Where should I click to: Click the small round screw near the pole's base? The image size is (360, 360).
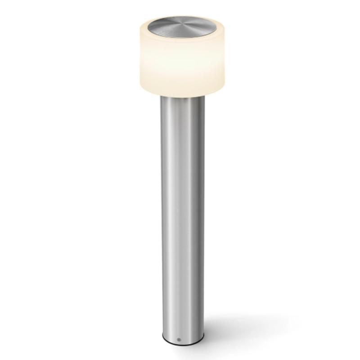click(179, 337)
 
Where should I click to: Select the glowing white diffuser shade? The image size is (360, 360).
click(180, 63)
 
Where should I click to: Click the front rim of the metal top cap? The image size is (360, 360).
click(180, 42)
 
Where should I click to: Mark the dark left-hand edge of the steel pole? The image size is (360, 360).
click(158, 216)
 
